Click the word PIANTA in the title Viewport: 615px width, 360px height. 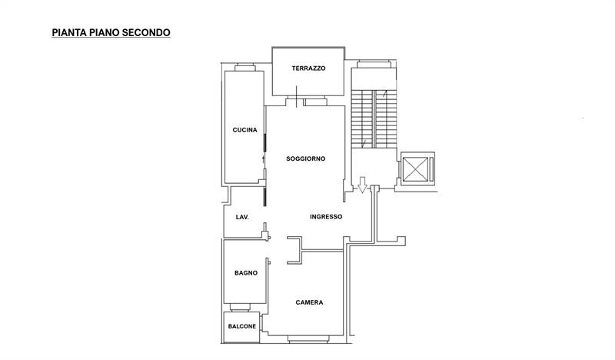pos(69,32)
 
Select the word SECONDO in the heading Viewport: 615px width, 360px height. pos(146,32)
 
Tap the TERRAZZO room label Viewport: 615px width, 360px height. pos(309,68)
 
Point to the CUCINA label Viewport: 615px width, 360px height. pos(244,130)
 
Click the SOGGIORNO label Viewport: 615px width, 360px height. pos(305,159)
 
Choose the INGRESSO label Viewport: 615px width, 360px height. pos(326,217)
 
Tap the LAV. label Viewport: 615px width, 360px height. pos(242,217)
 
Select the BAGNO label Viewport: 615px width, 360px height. pos(246,273)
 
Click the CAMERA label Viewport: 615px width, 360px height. pos(310,302)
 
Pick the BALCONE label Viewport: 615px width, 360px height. pos(242,327)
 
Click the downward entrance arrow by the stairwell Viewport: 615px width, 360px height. pos(362,185)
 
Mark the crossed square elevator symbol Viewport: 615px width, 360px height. pos(415,168)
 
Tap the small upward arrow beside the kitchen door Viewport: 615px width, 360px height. pos(263,159)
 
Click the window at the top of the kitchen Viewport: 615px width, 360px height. pos(245,68)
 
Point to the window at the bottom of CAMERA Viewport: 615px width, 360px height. pos(308,339)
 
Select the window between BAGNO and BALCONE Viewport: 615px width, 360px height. pos(240,307)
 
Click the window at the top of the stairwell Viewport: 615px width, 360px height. pos(374,65)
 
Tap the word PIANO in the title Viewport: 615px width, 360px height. pos(105,32)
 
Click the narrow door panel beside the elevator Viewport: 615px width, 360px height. pos(431,168)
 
